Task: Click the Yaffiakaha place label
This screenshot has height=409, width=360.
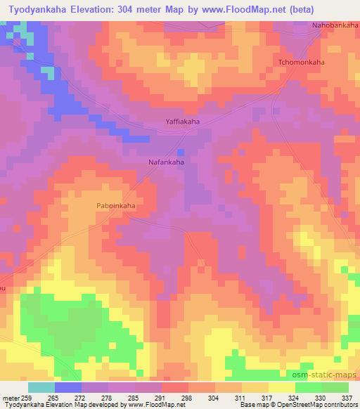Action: click(x=182, y=122)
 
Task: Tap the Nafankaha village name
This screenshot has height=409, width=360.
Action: click(x=167, y=162)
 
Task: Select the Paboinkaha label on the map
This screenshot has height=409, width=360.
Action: click(x=115, y=206)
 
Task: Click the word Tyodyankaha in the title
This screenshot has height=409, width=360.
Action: click(x=41, y=8)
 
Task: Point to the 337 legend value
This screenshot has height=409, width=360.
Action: click(x=347, y=398)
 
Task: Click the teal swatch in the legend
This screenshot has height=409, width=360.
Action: click(x=41, y=387)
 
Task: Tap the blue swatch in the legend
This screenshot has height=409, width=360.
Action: click(x=68, y=387)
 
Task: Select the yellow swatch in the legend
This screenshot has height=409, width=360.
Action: click(x=281, y=387)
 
